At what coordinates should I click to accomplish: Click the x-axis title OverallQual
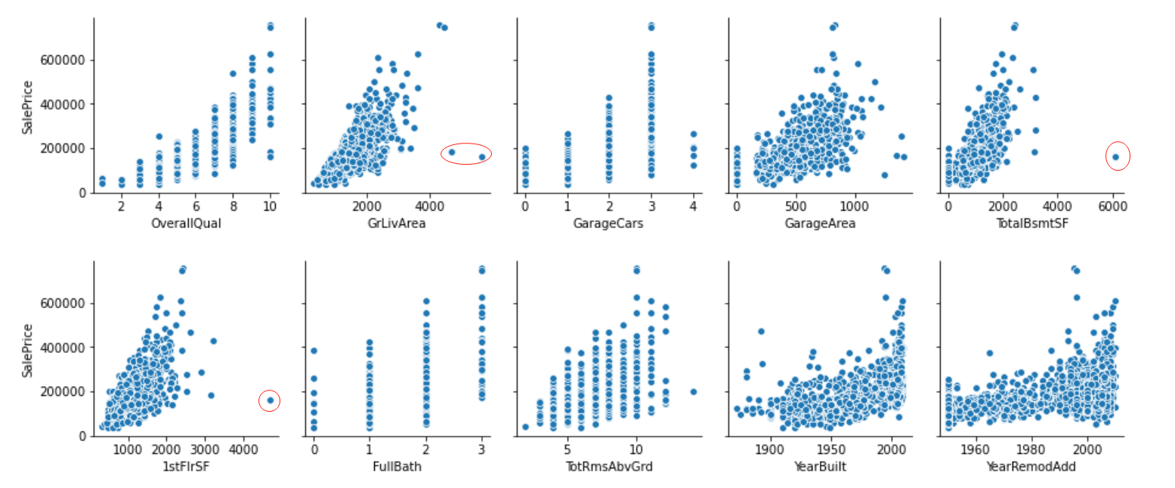[x=186, y=223]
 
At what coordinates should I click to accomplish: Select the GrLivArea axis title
[x=397, y=223]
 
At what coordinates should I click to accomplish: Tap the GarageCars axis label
[x=608, y=223]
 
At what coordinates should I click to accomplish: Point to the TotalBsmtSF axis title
[x=1031, y=223]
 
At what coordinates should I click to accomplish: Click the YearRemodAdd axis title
[x=1031, y=466]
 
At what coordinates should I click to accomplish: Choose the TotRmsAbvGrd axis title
[x=608, y=466]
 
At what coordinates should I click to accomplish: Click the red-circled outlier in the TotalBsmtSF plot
[x=1115, y=157]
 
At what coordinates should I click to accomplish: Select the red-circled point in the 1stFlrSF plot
[x=270, y=400]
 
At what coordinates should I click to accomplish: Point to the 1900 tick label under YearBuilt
[x=770, y=449]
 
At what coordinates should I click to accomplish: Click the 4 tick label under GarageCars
[x=693, y=206]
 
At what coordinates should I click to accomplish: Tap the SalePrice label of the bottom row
[x=28, y=351]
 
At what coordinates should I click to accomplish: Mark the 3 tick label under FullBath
[x=481, y=449]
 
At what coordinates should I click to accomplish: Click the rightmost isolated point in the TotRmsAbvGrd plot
[x=693, y=391]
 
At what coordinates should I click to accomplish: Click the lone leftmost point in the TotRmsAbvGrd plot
[x=525, y=427]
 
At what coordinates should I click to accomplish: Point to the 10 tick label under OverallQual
[x=270, y=206]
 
